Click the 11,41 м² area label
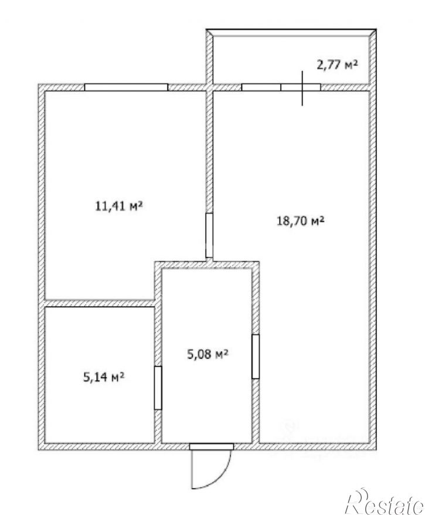pos(119,206)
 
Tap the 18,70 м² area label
pos(301,221)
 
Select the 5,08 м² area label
pos(208,354)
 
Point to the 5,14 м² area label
pos(104,377)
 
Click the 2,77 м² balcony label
pos(336,65)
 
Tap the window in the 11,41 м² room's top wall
pos(126,87)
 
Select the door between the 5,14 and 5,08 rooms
pos(158,388)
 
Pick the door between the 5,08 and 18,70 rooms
pos(256,357)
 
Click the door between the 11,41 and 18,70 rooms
pos(209,235)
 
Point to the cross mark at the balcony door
pos(302,88)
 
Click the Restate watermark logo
pos(385,502)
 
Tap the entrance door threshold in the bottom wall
pos(212,447)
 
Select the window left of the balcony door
pos(261,87)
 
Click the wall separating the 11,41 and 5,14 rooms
pos(100,303)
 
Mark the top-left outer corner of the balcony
pos(206,29)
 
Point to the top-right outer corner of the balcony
pos(376,29)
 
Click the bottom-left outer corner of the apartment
pos(39,450)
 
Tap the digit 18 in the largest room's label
pos(282,221)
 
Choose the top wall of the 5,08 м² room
pos(207,265)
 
